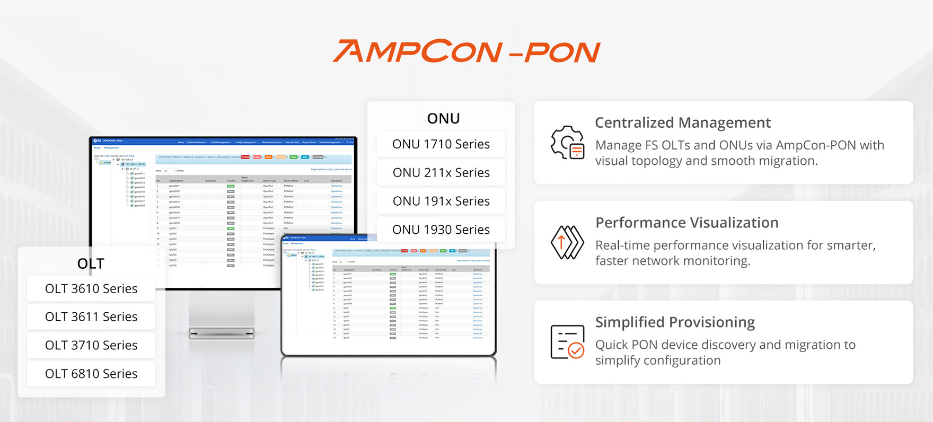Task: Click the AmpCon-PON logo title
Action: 467,51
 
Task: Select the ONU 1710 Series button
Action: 441,144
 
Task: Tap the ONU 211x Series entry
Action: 441,173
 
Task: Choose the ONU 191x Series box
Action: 441,201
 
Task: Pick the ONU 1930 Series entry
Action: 441,230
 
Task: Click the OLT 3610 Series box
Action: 91,289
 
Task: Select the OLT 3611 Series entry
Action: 91,317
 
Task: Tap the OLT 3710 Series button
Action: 91,346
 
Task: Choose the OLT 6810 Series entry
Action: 91,374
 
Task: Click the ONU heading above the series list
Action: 443,119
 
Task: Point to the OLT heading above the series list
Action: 91,263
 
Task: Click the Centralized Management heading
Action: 683,122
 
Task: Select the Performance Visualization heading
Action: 686,223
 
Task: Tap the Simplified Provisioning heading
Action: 675,322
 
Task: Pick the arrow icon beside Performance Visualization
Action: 567,242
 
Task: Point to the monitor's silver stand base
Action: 222,333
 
